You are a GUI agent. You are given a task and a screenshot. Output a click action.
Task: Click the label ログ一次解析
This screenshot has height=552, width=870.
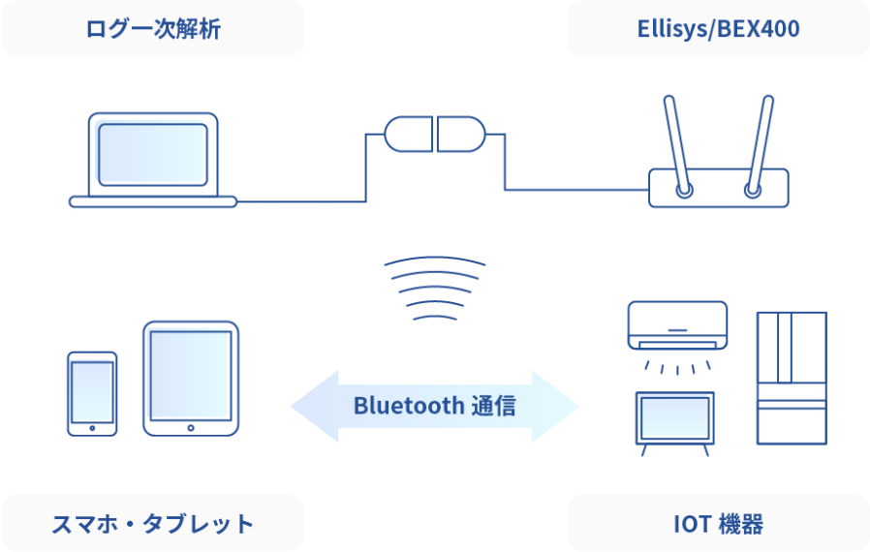[x=153, y=29]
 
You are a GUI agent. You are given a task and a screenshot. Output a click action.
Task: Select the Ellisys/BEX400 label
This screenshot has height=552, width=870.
[x=719, y=29]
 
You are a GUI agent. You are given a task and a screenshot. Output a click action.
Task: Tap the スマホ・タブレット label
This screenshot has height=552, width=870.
[x=152, y=524]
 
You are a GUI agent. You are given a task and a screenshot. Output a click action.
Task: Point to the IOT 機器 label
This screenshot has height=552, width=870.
[x=719, y=524]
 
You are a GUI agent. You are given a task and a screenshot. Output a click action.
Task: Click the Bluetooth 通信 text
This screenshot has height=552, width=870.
[x=434, y=406]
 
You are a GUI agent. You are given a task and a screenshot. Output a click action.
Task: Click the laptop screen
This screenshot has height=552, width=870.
[x=152, y=155]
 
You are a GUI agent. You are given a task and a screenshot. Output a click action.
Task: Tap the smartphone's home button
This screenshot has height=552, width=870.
[x=92, y=428]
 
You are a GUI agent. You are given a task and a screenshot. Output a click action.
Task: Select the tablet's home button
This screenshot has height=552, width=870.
[x=191, y=428]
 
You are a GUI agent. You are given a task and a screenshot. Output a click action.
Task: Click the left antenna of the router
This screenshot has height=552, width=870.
[x=677, y=145]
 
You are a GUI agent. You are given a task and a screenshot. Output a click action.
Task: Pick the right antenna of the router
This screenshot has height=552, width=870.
[x=761, y=145]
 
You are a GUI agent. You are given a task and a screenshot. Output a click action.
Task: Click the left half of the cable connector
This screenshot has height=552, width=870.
[x=409, y=134]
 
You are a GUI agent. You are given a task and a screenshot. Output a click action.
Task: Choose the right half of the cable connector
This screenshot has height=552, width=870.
[x=461, y=134]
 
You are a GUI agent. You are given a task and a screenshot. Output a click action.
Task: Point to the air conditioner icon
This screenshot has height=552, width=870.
[x=677, y=325]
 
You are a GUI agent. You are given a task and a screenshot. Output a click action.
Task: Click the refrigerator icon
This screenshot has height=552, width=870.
[x=792, y=379]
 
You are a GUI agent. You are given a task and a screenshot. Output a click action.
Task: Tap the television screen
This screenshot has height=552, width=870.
[x=674, y=417]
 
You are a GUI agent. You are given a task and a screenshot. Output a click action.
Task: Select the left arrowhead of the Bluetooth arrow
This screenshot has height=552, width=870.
[x=315, y=406]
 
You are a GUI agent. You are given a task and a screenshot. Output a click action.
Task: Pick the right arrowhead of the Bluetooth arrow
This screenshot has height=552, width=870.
[x=555, y=406]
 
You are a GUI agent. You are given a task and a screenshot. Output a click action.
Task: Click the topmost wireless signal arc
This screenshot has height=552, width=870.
[x=434, y=258]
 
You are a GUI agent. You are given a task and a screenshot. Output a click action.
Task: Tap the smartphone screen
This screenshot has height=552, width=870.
[x=92, y=391]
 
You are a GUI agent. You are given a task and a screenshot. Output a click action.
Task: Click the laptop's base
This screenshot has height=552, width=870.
[x=153, y=201]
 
